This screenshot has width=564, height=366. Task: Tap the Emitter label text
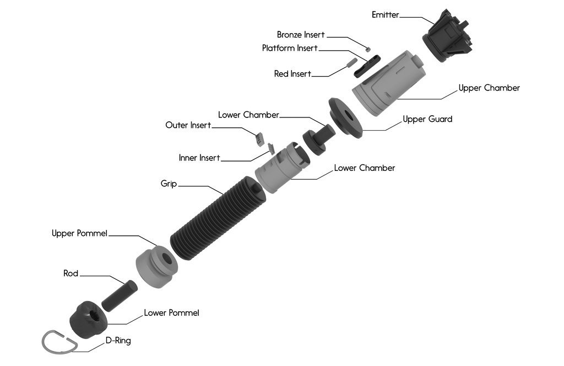385,15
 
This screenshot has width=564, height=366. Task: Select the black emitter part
447,36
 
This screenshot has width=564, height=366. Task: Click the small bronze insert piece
367,49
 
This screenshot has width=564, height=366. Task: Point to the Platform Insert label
290,48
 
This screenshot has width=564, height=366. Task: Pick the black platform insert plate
367,66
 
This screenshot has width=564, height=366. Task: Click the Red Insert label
292,74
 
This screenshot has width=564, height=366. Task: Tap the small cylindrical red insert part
351,63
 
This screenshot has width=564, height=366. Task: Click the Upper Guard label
427,119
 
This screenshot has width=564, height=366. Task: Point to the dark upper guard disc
345,117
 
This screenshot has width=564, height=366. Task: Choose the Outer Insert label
188,125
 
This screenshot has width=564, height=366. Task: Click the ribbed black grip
218,218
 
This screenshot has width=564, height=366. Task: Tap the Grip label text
169,184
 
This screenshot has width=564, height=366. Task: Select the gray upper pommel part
156,267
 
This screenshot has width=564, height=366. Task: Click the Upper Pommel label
79,233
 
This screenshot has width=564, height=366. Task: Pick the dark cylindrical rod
120,296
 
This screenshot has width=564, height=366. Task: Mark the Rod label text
71,273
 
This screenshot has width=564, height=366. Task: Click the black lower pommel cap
89,320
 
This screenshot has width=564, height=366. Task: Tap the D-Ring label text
118,341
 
